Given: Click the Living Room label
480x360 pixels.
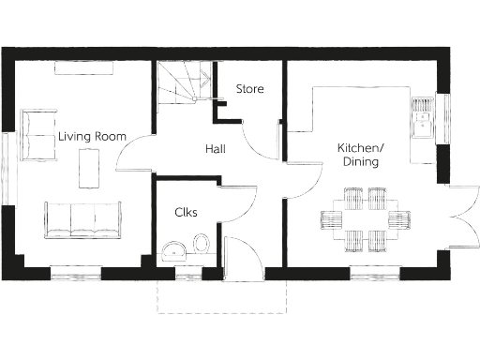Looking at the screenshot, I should [92, 137].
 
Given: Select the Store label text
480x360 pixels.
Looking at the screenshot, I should [249, 90].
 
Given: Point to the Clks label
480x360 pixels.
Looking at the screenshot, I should [186, 212].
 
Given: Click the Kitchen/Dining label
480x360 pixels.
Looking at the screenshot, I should [361, 155].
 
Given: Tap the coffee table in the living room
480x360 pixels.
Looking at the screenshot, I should [91, 170].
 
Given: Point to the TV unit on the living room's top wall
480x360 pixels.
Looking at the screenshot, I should [84, 67].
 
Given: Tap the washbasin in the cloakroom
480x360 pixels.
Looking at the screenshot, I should [172, 250].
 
